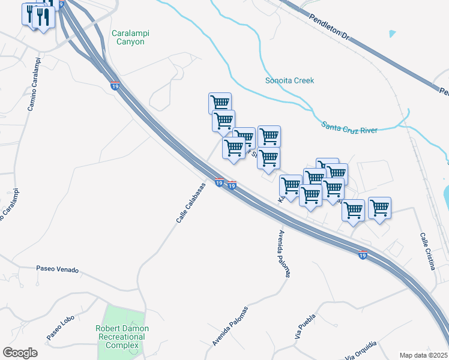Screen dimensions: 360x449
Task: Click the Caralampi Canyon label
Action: pyautogui.click(x=128, y=37)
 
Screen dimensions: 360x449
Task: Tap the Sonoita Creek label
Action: pyautogui.click(x=289, y=80)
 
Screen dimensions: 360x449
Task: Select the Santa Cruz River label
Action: pyautogui.click(x=349, y=127)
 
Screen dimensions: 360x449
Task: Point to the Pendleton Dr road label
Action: pyautogui.click(x=329, y=28)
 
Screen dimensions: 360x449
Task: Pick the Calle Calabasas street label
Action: pyautogui.click(x=191, y=203)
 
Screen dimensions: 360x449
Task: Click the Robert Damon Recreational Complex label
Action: pyautogui.click(x=122, y=337)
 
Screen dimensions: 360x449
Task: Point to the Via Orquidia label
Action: pyautogui.click(x=361, y=350)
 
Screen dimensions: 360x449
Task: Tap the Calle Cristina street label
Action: pyautogui.click(x=427, y=251)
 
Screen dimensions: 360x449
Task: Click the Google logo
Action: pyautogui.click(x=20, y=353)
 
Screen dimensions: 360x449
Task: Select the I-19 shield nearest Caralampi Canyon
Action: pyautogui.click(x=115, y=86)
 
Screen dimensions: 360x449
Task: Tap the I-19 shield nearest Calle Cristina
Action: pyautogui.click(x=363, y=254)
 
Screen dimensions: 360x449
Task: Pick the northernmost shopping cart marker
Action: pyautogui.click(x=220, y=103)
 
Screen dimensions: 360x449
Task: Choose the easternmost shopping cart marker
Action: pyautogui.click(x=379, y=208)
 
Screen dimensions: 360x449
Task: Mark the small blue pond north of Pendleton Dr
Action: pyautogui.click(x=393, y=34)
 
